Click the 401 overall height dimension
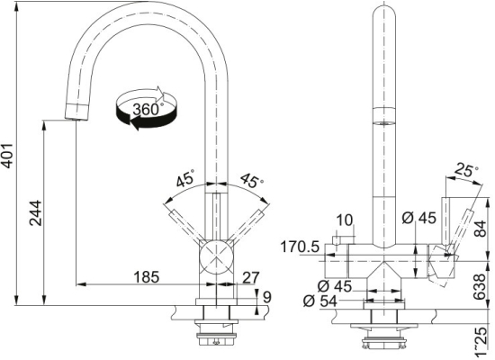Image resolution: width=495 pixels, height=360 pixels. [6, 156]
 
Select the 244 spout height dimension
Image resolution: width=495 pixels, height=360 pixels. [35, 212]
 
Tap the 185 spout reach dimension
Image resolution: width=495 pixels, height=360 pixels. [147, 277]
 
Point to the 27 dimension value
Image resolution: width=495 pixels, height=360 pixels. [251, 277]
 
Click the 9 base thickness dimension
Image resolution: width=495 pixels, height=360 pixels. [267, 297]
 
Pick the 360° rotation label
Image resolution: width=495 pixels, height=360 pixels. [147, 109]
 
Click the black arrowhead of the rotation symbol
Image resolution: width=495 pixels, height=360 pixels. [135, 122]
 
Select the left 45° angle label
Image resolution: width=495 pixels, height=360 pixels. [185, 178]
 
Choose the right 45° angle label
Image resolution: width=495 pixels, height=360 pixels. [252, 180]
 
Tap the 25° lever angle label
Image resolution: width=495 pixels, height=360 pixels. [466, 170]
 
